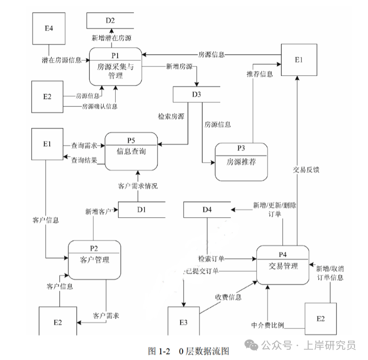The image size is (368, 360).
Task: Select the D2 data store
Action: pos(110,20)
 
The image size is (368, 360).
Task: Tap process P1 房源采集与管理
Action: pos(116,67)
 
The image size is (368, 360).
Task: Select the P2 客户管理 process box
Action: pos(94,260)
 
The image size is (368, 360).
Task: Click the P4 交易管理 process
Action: pos(283,265)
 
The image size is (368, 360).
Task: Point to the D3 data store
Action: pos(196,94)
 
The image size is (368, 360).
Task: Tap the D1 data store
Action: pos(142,209)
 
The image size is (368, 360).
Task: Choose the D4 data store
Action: pos(207,209)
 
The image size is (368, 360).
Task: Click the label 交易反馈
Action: pos(306,170)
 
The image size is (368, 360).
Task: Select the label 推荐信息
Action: pos(260,74)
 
